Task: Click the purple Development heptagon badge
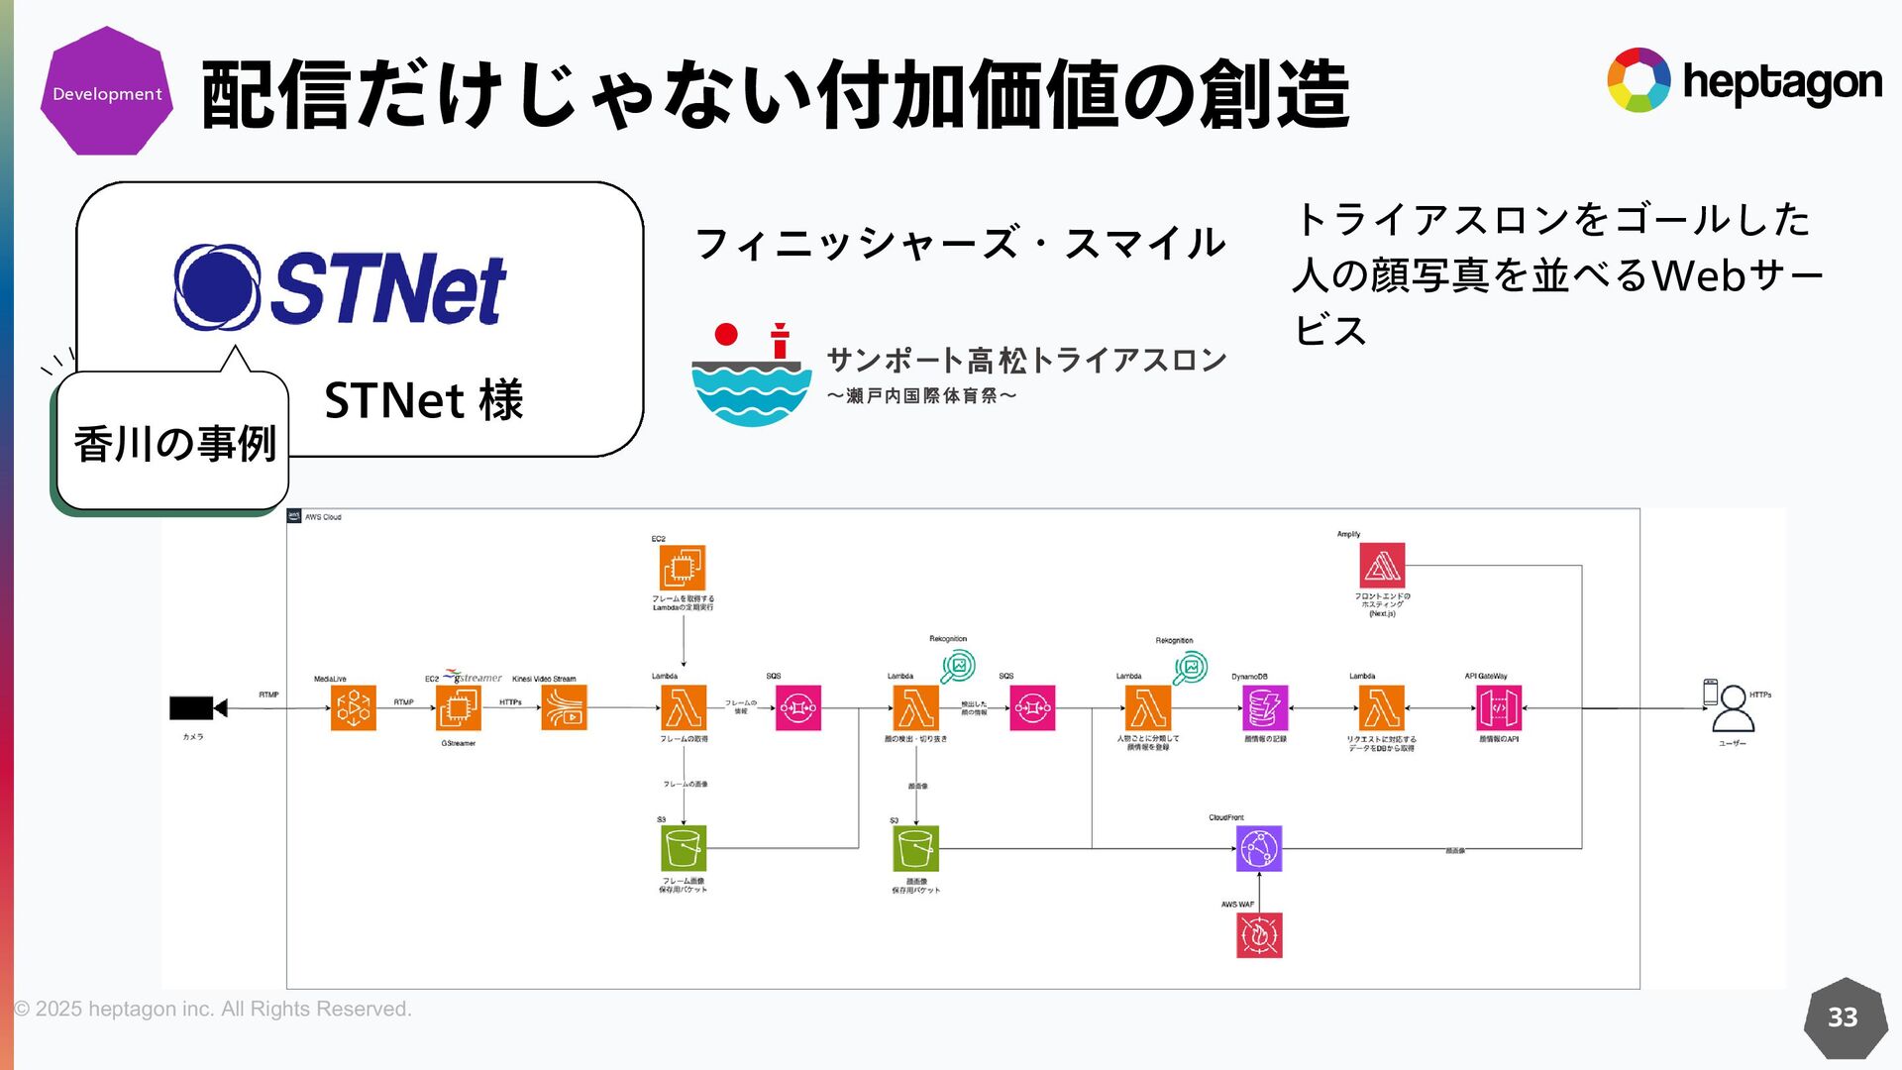pos(107,92)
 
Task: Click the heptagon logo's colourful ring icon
pos(1638,80)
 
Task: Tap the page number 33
pos(1843,1017)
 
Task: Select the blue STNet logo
pos(340,287)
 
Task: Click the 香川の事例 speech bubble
pos(173,442)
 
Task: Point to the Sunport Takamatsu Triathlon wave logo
pos(751,375)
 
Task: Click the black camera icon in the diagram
pos(198,707)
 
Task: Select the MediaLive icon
pos(354,707)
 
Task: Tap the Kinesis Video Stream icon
pos(564,707)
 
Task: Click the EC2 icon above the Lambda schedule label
pos(683,568)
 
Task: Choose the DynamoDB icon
pos(1265,707)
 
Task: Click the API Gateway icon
pos(1498,707)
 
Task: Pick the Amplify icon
pos(1382,566)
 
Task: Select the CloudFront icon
pos(1259,848)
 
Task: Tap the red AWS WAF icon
pos(1259,935)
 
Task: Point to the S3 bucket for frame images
pos(684,848)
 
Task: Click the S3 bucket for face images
pos(915,848)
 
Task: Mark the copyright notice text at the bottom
pos(213,1009)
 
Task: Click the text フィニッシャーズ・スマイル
pos(960,244)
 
